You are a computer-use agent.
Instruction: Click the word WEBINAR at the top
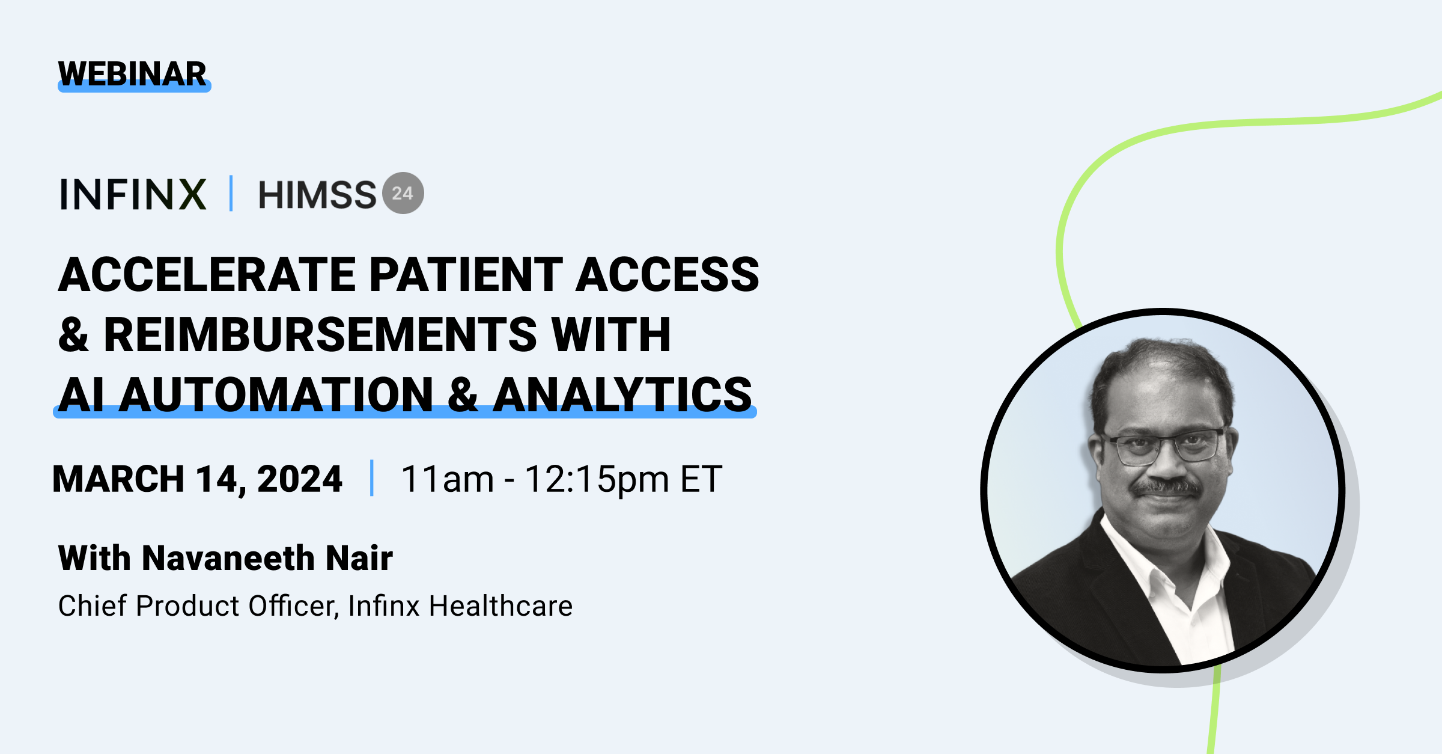[x=132, y=74]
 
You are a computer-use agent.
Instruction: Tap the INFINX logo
[x=133, y=194]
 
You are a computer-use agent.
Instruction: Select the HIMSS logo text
[x=317, y=195]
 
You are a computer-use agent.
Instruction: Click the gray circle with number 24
[x=403, y=193]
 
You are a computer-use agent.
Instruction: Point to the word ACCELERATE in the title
[x=207, y=274]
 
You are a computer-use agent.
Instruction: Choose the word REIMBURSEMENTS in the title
[x=320, y=334]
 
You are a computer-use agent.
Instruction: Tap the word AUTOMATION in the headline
[x=276, y=394]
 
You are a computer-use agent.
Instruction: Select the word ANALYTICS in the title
[x=622, y=394]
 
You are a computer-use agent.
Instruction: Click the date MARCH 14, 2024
[x=197, y=479]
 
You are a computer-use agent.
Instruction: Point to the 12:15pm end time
[x=597, y=480]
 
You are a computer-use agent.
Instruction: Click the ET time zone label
[x=701, y=479]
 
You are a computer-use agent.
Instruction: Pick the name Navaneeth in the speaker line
[x=228, y=557]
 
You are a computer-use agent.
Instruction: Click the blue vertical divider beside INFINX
[x=231, y=194]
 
